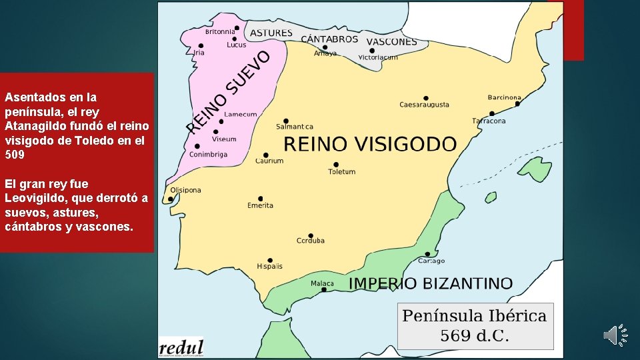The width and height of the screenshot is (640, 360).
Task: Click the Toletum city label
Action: [341, 172]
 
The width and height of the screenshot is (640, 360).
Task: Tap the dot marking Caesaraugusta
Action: [426, 97]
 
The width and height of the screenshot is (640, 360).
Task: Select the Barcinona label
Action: [504, 98]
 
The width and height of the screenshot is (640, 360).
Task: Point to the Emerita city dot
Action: [261, 198]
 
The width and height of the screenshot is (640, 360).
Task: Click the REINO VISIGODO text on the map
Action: [370, 144]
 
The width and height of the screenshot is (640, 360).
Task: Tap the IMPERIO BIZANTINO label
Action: [431, 283]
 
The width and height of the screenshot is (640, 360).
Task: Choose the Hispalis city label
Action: [269, 266]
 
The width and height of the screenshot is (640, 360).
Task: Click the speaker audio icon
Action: [615, 335]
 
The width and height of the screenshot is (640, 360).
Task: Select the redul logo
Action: [181, 347]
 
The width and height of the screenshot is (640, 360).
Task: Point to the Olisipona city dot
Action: [173, 199]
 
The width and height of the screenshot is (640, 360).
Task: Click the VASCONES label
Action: [391, 41]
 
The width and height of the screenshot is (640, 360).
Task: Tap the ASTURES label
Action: [271, 33]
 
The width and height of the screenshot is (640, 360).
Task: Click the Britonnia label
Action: [219, 31]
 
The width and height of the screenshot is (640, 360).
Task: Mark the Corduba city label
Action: [311, 241]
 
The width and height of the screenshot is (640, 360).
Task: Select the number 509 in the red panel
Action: [15, 155]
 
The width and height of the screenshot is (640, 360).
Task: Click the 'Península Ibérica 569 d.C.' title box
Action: [475, 325]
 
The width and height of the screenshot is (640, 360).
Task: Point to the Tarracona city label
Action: [489, 121]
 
